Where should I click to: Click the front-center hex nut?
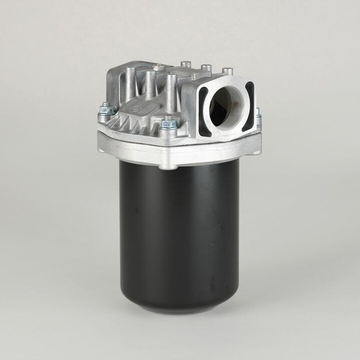168,124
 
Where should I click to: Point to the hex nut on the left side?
105,110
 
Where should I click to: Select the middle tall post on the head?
151,84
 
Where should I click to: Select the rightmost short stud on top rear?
227,71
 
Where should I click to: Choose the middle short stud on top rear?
206,67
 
